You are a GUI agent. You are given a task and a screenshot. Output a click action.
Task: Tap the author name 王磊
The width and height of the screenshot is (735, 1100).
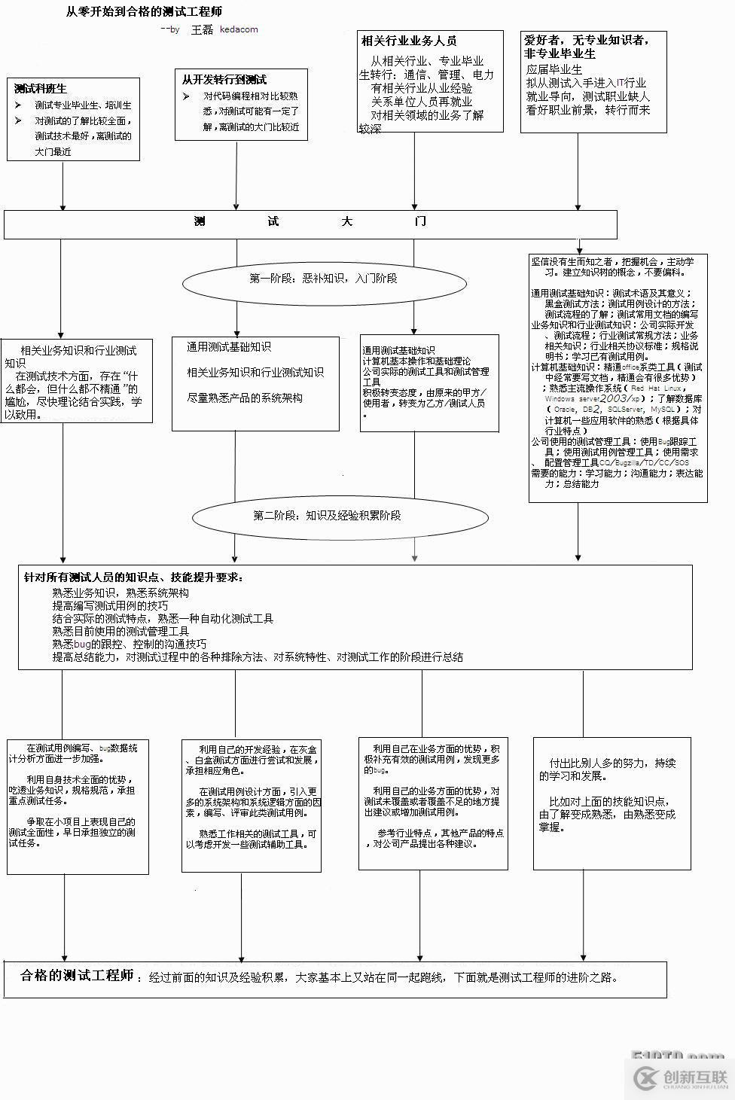click(202, 29)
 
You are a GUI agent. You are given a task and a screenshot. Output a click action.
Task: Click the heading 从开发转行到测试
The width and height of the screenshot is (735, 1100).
click(224, 79)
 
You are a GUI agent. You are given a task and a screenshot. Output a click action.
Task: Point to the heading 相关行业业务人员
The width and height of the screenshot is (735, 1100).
click(409, 41)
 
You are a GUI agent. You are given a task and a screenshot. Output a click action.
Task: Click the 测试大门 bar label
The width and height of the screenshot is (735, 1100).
click(310, 221)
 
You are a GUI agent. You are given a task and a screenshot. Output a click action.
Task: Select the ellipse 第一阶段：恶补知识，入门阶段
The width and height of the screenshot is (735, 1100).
click(324, 279)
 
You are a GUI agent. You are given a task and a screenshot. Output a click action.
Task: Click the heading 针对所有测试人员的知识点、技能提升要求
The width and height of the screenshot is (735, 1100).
click(133, 577)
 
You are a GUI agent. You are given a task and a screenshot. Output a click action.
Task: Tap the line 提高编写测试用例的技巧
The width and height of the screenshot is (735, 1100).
click(110, 605)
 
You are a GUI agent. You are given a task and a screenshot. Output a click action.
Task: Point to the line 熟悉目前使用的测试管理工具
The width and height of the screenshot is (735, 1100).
click(120, 631)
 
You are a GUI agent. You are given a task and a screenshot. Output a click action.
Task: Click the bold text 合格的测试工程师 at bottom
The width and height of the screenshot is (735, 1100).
click(77, 976)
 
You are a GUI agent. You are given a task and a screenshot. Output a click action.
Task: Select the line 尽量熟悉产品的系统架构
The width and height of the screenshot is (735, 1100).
click(245, 398)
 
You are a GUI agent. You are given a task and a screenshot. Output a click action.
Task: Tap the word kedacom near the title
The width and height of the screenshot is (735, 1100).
click(239, 29)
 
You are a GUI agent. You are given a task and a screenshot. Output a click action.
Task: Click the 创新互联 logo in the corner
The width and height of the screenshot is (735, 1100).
click(681, 1078)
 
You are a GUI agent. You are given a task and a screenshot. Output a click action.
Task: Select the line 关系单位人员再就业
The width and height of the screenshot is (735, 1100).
click(421, 102)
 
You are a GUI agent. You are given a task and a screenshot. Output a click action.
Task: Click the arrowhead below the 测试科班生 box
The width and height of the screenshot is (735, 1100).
click(63, 206)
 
